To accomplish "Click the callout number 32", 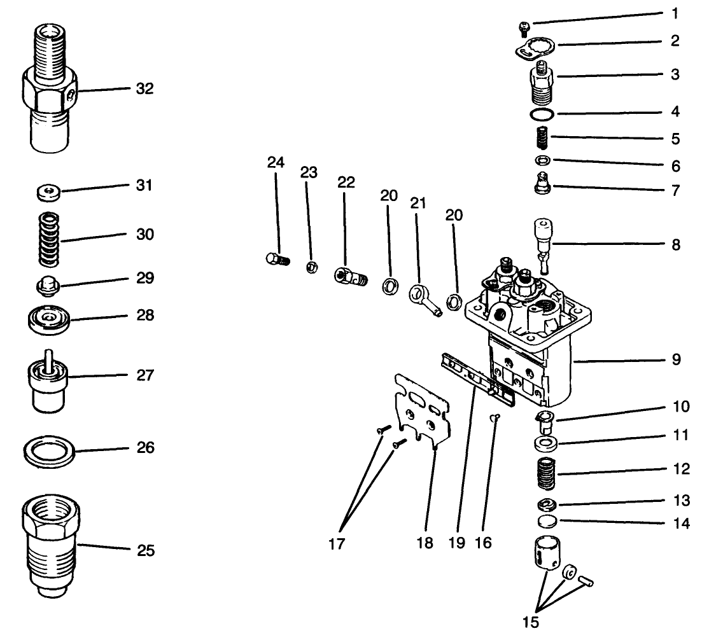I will [144, 88].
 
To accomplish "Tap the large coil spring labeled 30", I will [48, 240].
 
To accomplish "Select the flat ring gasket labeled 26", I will [48, 451].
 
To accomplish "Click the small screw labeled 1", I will [524, 27].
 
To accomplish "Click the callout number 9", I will [675, 360].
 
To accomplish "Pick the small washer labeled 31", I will [48, 190].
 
